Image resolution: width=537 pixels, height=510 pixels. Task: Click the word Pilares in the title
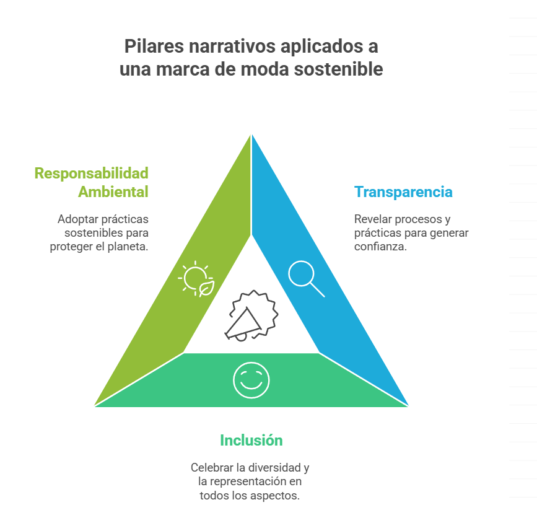click(x=154, y=46)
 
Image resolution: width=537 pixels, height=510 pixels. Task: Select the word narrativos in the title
click(x=232, y=46)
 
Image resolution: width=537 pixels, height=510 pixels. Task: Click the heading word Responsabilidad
click(x=92, y=173)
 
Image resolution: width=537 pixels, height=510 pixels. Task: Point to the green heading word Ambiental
click(x=113, y=191)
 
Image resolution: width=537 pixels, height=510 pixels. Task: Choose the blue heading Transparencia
click(x=403, y=192)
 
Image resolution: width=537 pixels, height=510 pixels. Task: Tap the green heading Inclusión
click(x=251, y=441)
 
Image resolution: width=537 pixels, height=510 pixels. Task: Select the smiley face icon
click(x=251, y=380)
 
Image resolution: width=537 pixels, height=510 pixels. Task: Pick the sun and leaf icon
click(x=196, y=279)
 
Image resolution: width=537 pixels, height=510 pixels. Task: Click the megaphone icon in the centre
click(x=251, y=315)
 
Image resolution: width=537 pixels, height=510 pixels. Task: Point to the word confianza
click(x=380, y=247)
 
